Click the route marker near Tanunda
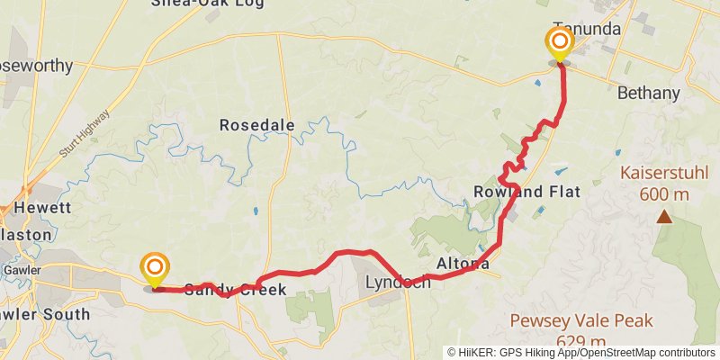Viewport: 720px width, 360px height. (559, 42)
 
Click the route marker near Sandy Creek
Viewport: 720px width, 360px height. (155, 267)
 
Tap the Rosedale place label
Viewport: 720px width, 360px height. (256, 126)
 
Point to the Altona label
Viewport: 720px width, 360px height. (463, 264)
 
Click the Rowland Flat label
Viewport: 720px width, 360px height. (526, 192)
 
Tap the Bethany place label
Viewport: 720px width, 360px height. (647, 93)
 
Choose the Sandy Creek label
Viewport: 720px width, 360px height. (236, 290)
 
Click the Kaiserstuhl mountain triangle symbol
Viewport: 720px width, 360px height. (664, 216)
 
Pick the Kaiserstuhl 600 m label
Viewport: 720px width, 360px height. (664, 184)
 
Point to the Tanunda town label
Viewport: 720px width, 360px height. (587, 29)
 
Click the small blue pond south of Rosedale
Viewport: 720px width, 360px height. (256, 211)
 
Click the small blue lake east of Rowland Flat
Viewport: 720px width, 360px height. (561, 169)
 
